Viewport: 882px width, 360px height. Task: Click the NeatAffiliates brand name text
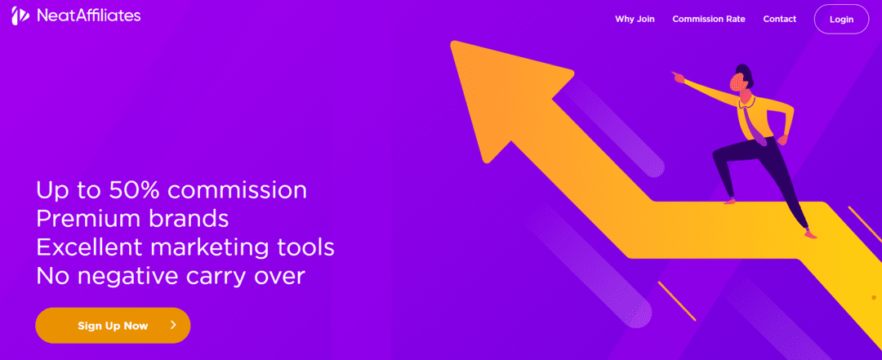point(89,16)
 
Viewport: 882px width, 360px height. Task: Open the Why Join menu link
point(635,19)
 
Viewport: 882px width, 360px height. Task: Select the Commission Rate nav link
point(709,19)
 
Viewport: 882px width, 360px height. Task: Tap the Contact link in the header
point(780,19)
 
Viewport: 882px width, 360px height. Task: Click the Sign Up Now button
point(113,325)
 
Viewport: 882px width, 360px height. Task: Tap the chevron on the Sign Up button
point(173,325)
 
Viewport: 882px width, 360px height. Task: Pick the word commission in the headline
point(238,190)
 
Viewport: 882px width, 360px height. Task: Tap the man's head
point(742,79)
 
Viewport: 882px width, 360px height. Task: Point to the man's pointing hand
point(678,77)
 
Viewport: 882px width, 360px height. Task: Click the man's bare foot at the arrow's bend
point(729,200)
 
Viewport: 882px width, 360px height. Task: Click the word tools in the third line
point(305,247)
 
